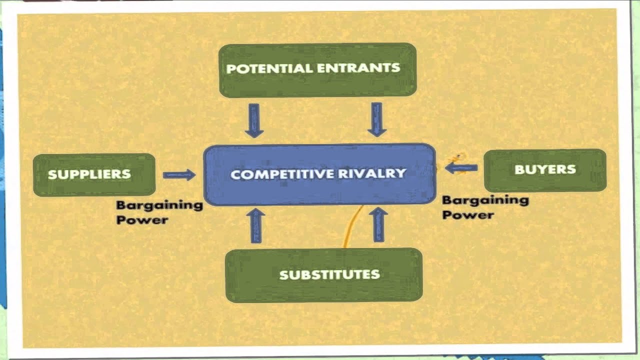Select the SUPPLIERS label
tap(89, 174)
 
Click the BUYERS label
tap(545, 169)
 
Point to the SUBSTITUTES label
tap(329, 274)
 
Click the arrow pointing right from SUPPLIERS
tap(179, 175)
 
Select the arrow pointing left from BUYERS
tap(461, 168)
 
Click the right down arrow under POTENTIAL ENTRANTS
tap(377, 119)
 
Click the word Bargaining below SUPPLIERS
tap(159, 205)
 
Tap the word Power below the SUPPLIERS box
tap(141, 220)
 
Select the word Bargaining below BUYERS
tap(485, 200)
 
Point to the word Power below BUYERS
tap(467, 215)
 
